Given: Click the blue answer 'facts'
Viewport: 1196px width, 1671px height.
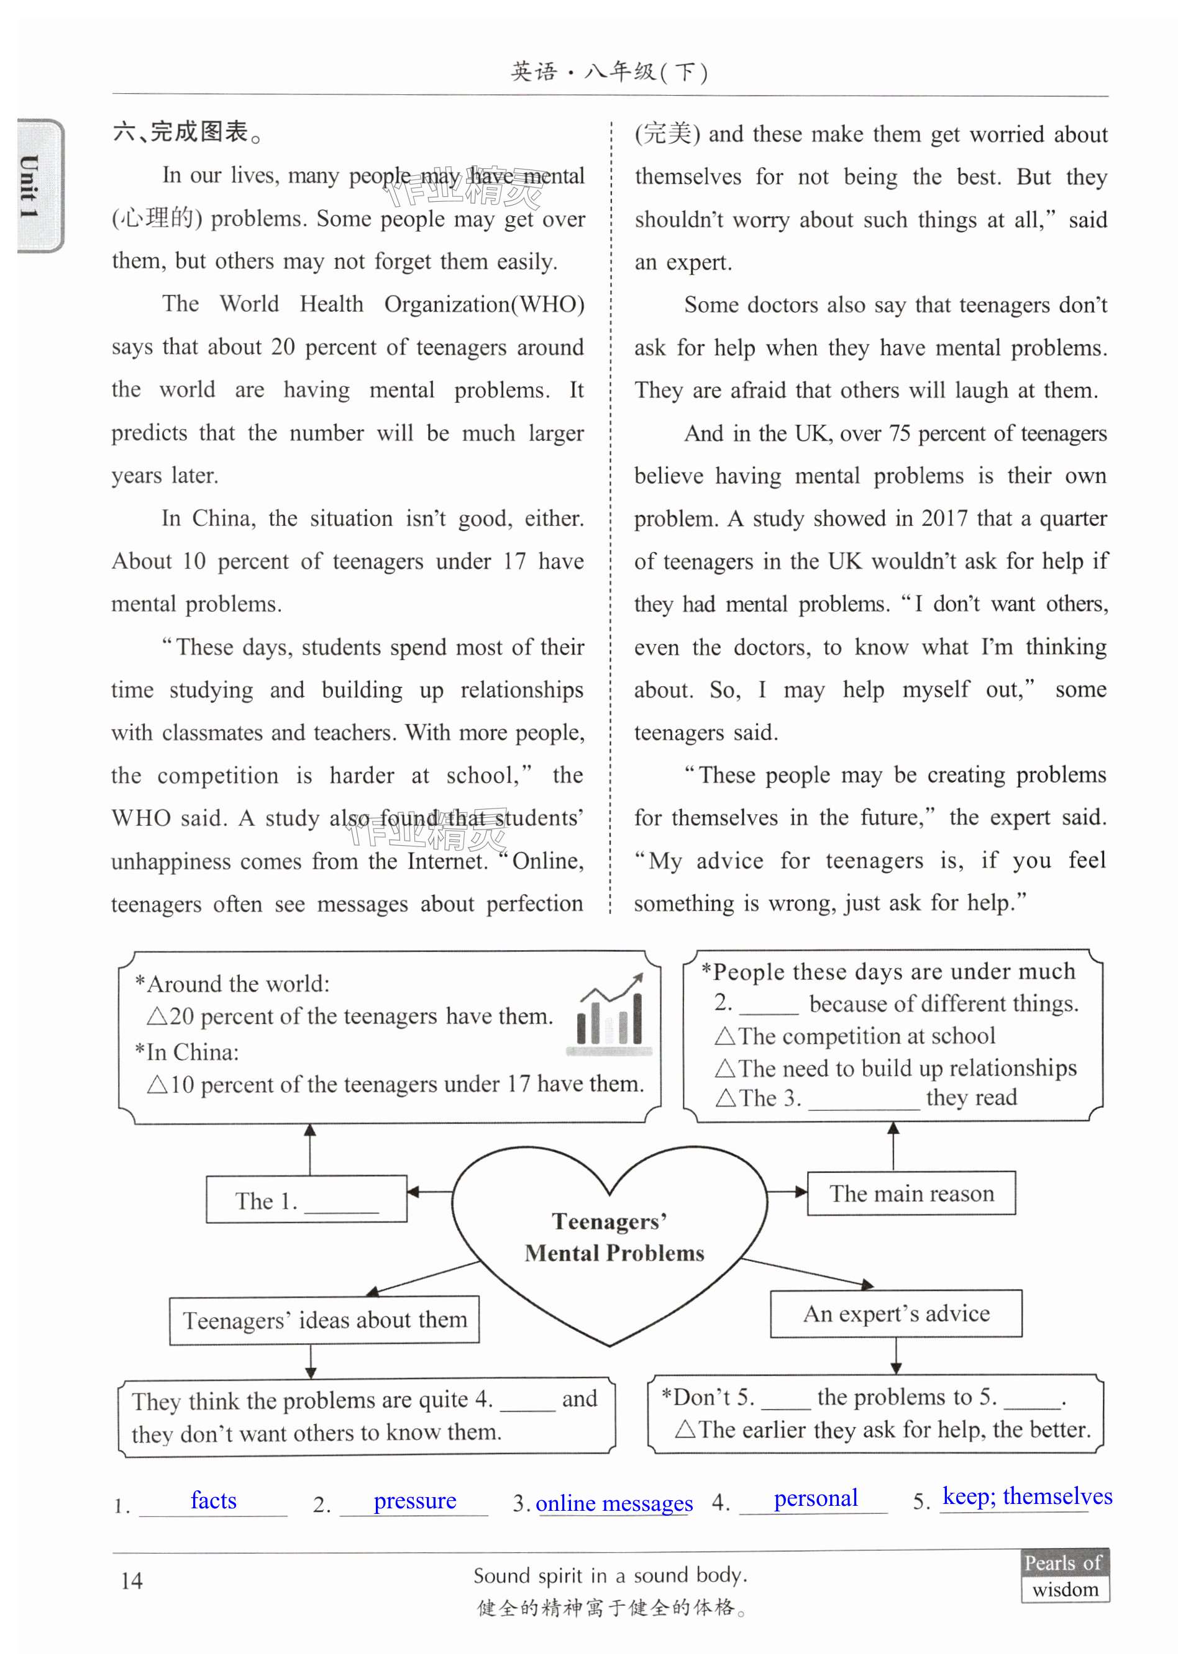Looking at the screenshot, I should pos(214,1500).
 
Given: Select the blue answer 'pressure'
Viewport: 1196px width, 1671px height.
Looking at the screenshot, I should pos(414,1500).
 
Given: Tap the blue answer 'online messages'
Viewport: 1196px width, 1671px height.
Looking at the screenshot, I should pos(614,1503).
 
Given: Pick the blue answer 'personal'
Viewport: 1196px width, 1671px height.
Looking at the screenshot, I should pos(815,1498).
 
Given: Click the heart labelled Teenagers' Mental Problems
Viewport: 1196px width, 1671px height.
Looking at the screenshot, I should pos(609,1244).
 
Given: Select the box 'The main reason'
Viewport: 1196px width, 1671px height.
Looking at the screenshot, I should pos(911,1193).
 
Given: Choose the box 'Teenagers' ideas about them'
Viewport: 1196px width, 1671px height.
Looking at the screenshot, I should pos(324,1320).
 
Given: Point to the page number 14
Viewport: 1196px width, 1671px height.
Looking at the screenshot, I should pos(132,1580).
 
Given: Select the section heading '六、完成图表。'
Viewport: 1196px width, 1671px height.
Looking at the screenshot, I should pos(188,132).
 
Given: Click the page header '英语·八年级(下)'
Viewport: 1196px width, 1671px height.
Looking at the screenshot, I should pos(609,72).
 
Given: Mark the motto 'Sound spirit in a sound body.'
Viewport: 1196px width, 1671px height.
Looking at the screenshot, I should pos(609,1575).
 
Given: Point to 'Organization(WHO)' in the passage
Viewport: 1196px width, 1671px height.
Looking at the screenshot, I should pos(484,304).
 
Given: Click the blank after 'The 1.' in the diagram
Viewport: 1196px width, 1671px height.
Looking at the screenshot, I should pos(342,1203).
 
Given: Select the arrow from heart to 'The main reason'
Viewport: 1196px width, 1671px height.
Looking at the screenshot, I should pos(787,1191).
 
